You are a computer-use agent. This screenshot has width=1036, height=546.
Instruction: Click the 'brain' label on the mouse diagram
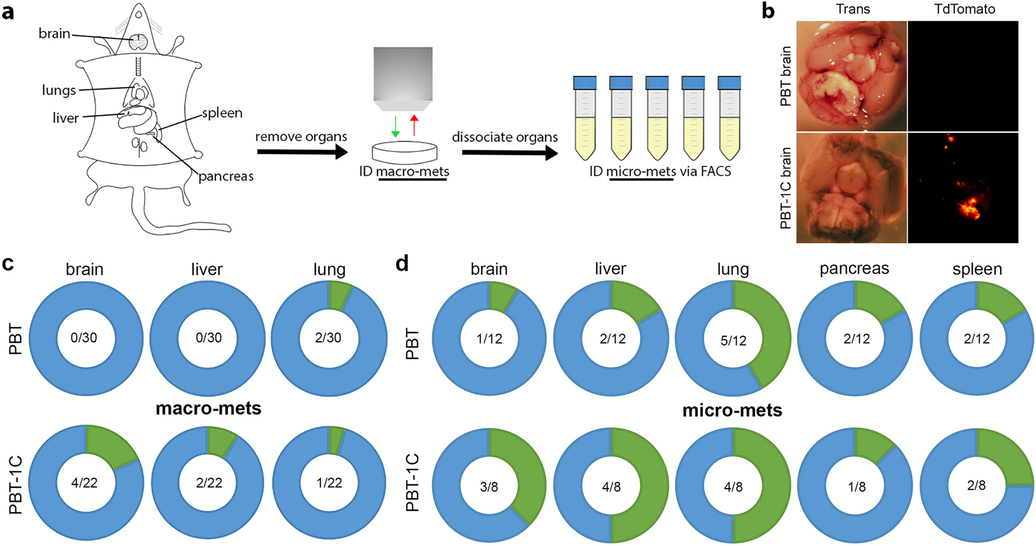[54, 34]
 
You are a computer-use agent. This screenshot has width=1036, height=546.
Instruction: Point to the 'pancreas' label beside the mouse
[226, 176]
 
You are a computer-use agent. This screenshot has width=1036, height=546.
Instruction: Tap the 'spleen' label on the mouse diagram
[222, 113]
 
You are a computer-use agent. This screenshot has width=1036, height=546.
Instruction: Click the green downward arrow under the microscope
[395, 126]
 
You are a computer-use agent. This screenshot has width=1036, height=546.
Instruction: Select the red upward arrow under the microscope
[414, 125]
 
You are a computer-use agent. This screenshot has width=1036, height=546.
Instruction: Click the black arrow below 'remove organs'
[301, 152]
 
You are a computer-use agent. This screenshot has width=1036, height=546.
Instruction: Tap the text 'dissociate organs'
[504, 137]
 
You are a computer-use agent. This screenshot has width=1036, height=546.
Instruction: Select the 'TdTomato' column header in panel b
[964, 9]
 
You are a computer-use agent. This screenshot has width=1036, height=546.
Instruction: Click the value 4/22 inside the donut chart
[84, 483]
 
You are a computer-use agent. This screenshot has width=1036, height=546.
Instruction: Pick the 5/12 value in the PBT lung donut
[733, 341]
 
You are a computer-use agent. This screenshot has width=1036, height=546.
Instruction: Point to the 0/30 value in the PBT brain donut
[84, 338]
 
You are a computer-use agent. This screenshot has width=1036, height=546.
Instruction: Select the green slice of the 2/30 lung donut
[339, 297]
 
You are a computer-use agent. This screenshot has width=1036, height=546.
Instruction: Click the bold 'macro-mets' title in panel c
[208, 408]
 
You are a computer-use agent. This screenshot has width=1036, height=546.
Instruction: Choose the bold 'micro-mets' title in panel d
[732, 410]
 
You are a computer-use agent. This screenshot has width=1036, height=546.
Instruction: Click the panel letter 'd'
[402, 264]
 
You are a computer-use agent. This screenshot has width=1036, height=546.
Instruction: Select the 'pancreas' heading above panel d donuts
[854, 268]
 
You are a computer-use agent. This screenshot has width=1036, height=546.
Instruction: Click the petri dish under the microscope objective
[405, 152]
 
